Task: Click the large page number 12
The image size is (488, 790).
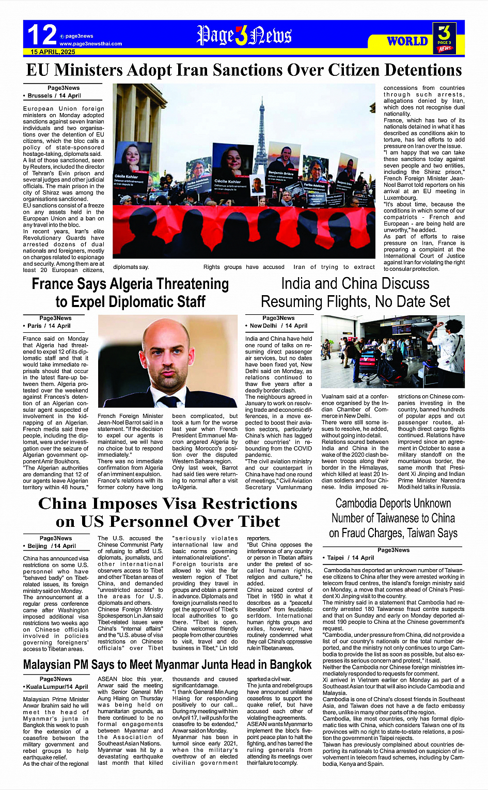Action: coord(42,35)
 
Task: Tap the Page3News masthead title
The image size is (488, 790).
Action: coord(244,36)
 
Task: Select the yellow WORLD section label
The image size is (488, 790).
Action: coord(407,41)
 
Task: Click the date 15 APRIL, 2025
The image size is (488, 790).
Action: coord(53,52)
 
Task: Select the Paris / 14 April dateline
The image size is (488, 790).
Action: coord(49,326)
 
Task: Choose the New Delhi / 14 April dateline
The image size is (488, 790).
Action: coord(278,326)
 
